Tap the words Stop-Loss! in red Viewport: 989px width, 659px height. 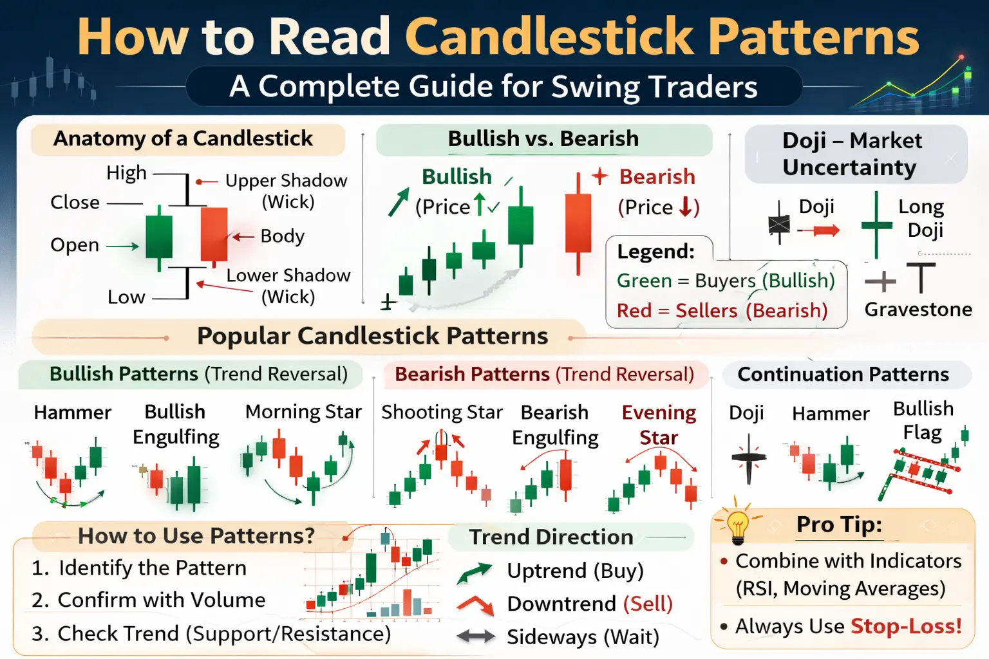click(x=906, y=626)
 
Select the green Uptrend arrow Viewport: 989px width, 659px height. click(x=474, y=572)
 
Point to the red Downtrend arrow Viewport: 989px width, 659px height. click(x=475, y=604)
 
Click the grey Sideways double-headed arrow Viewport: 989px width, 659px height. click(x=476, y=636)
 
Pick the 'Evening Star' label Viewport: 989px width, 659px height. click(x=659, y=425)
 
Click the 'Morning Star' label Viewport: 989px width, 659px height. click(x=303, y=412)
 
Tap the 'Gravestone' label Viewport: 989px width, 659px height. click(x=918, y=310)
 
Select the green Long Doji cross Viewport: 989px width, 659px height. click(x=876, y=225)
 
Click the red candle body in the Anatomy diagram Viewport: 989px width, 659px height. click(x=214, y=234)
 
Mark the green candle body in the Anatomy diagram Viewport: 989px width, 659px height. click(x=159, y=236)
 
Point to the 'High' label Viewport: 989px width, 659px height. click(x=126, y=173)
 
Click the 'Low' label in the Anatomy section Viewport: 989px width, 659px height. click(x=126, y=297)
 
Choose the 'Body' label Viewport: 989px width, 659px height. click(x=282, y=236)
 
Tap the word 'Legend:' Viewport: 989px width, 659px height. click(x=655, y=251)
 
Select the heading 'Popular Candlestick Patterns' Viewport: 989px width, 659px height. click(x=372, y=336)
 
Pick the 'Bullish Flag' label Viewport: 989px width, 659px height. click(x=923, y=420)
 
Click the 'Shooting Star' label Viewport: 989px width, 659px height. click(x=442, y=413)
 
